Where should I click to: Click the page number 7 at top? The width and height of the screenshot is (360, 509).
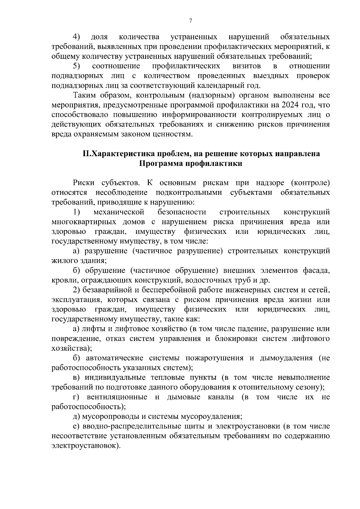coord(190,21)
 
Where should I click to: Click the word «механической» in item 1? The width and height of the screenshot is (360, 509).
coord(119,212)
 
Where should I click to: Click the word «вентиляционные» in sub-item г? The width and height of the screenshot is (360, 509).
coord(117,397)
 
